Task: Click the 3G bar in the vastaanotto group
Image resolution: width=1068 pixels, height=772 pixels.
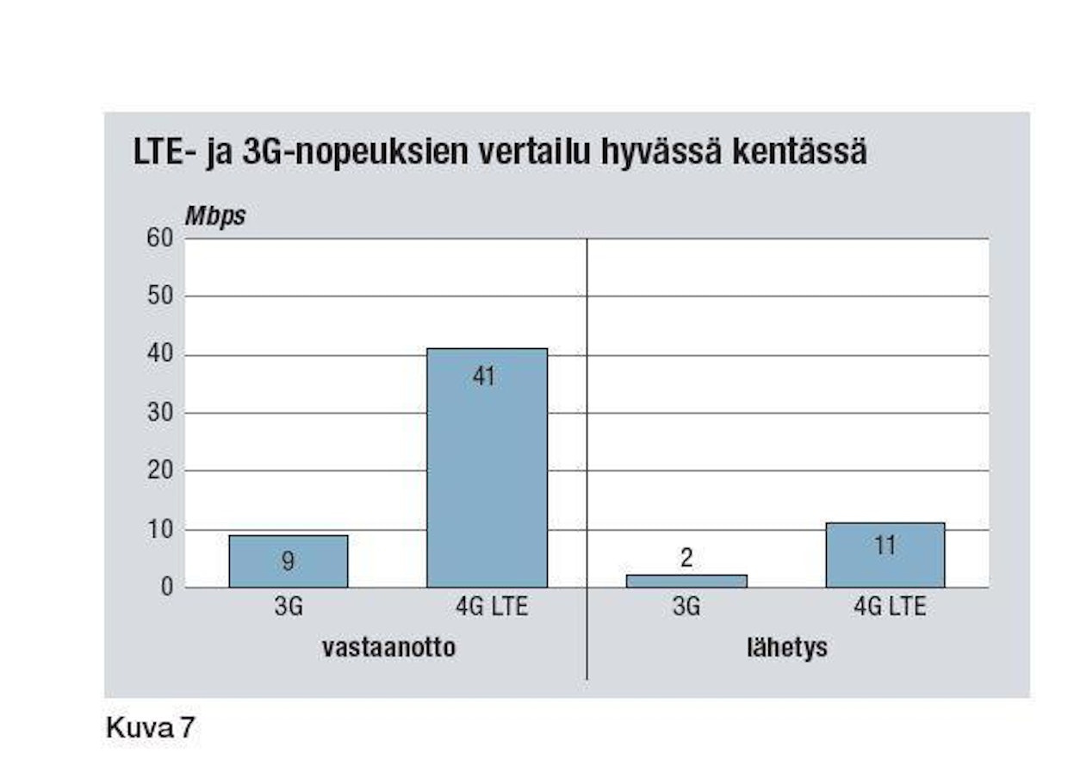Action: click(289, 561)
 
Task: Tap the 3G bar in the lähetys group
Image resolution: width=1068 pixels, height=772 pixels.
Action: click(686, 581)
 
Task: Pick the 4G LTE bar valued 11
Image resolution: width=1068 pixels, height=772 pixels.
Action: click(885, 555)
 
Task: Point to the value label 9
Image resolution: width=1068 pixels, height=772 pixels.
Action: click(289, 562)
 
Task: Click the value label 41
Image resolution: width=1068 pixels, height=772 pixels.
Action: click(485, 377)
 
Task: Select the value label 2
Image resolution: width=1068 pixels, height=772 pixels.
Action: click(686, 558)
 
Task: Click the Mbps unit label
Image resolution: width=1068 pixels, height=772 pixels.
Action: click(214, 216)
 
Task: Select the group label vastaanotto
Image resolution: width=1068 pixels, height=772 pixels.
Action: click(388, 647)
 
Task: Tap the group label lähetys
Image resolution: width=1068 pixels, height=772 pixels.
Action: click(786, 647)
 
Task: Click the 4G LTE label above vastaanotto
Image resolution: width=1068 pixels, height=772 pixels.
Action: click(491, 607)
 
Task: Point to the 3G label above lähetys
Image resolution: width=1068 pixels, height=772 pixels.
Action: click(686, 607)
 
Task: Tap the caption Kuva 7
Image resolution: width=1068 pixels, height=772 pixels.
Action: click(151, 727)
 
